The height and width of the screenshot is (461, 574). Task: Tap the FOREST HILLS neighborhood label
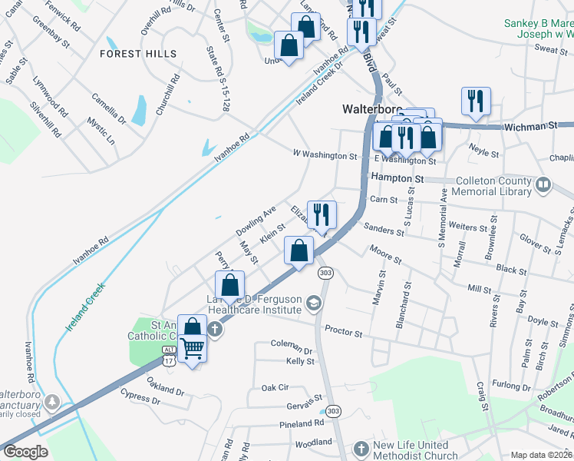point(137,54)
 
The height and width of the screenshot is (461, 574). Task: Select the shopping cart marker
point(192,350)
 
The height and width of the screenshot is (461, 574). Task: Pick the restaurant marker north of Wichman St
point(476,101)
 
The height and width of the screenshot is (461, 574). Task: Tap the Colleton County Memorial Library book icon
point(543,184)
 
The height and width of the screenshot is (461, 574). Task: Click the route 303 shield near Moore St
point(326,273)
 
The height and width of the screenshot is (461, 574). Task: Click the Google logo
point(26,452)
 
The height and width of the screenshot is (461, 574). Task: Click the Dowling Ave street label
point(256,221)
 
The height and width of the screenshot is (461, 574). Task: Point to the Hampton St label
point(398,177)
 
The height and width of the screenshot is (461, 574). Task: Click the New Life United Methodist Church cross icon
point(361,448)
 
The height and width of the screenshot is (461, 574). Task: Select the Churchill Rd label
point(167,95)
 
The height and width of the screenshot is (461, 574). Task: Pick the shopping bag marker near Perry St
point(229,285)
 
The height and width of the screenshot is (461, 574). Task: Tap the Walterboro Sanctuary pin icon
point(52,401)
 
